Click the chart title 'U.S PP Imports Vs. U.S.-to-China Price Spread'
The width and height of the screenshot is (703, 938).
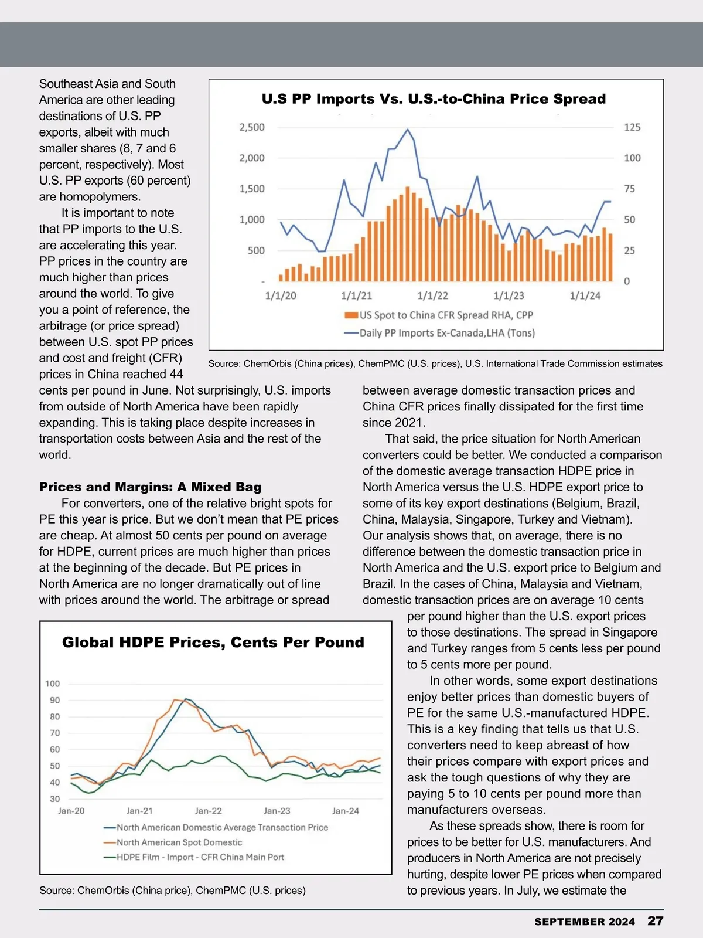pyautogui.click(x=434, y=99)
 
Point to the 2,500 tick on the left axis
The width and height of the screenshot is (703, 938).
pyautogui.click(x=252, y=127)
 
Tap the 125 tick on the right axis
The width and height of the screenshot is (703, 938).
pyautogui.click(x=632, y=127)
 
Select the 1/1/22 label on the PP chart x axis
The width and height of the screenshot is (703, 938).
pyautogui.click(x=432, y=296)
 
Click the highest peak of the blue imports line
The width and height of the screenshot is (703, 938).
pyautogui.click(x=408, y=130)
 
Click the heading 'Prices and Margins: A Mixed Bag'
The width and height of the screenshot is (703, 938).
pyautogui.click(x=151, y=487)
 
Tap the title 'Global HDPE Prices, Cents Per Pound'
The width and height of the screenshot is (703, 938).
pyautogui.click(x=213, y=643)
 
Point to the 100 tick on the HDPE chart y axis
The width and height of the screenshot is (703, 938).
pyautogui.click(x=52, y=684)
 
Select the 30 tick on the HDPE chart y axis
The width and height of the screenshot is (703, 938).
pyautogui.click(x=54, y=798)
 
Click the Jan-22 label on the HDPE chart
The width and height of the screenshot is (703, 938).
pyautogui.click(x=209, y=811)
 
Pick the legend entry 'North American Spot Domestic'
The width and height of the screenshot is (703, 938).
pyautogui.click(x=179, y=842)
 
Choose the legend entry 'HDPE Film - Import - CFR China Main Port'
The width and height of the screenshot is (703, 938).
pyautogui.click(x=200, y=857)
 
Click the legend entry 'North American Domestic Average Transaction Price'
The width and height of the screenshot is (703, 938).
pyautogui.click(x=222, y=828)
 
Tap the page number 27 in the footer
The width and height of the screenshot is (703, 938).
pyautogui.click(x=655, y=921)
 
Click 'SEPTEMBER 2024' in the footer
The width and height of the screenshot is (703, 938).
pyautogui.click(x=584, y=922)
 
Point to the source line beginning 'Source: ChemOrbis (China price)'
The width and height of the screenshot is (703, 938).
pyautogui.click(x=172, y=891)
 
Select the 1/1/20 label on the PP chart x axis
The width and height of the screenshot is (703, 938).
pyautogui.click(x=281, y=296)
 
